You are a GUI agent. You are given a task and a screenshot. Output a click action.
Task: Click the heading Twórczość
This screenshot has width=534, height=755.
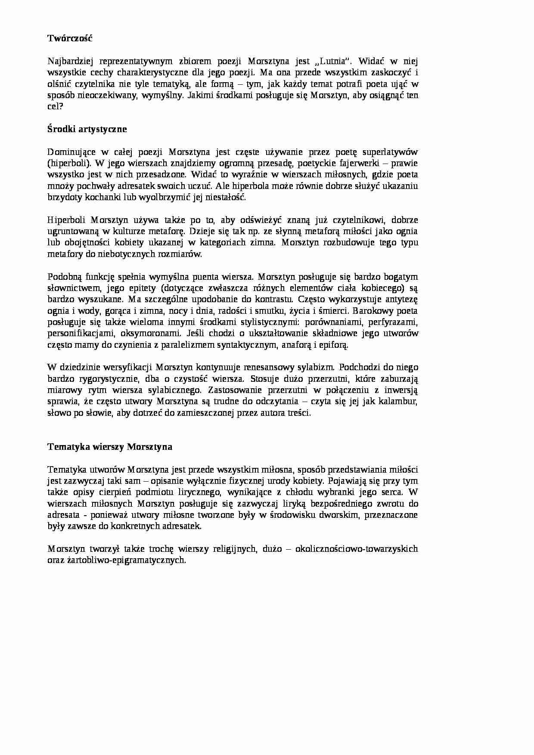click(69, 38)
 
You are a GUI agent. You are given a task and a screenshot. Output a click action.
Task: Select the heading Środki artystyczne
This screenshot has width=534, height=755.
click(87, 129)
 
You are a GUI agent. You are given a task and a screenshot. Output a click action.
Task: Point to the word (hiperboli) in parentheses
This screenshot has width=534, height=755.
click(69, 164)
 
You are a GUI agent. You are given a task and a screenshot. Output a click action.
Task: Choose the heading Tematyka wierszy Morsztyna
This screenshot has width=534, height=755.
click(110, 447)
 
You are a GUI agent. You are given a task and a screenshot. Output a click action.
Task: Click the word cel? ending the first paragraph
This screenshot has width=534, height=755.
click(55, 107)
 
